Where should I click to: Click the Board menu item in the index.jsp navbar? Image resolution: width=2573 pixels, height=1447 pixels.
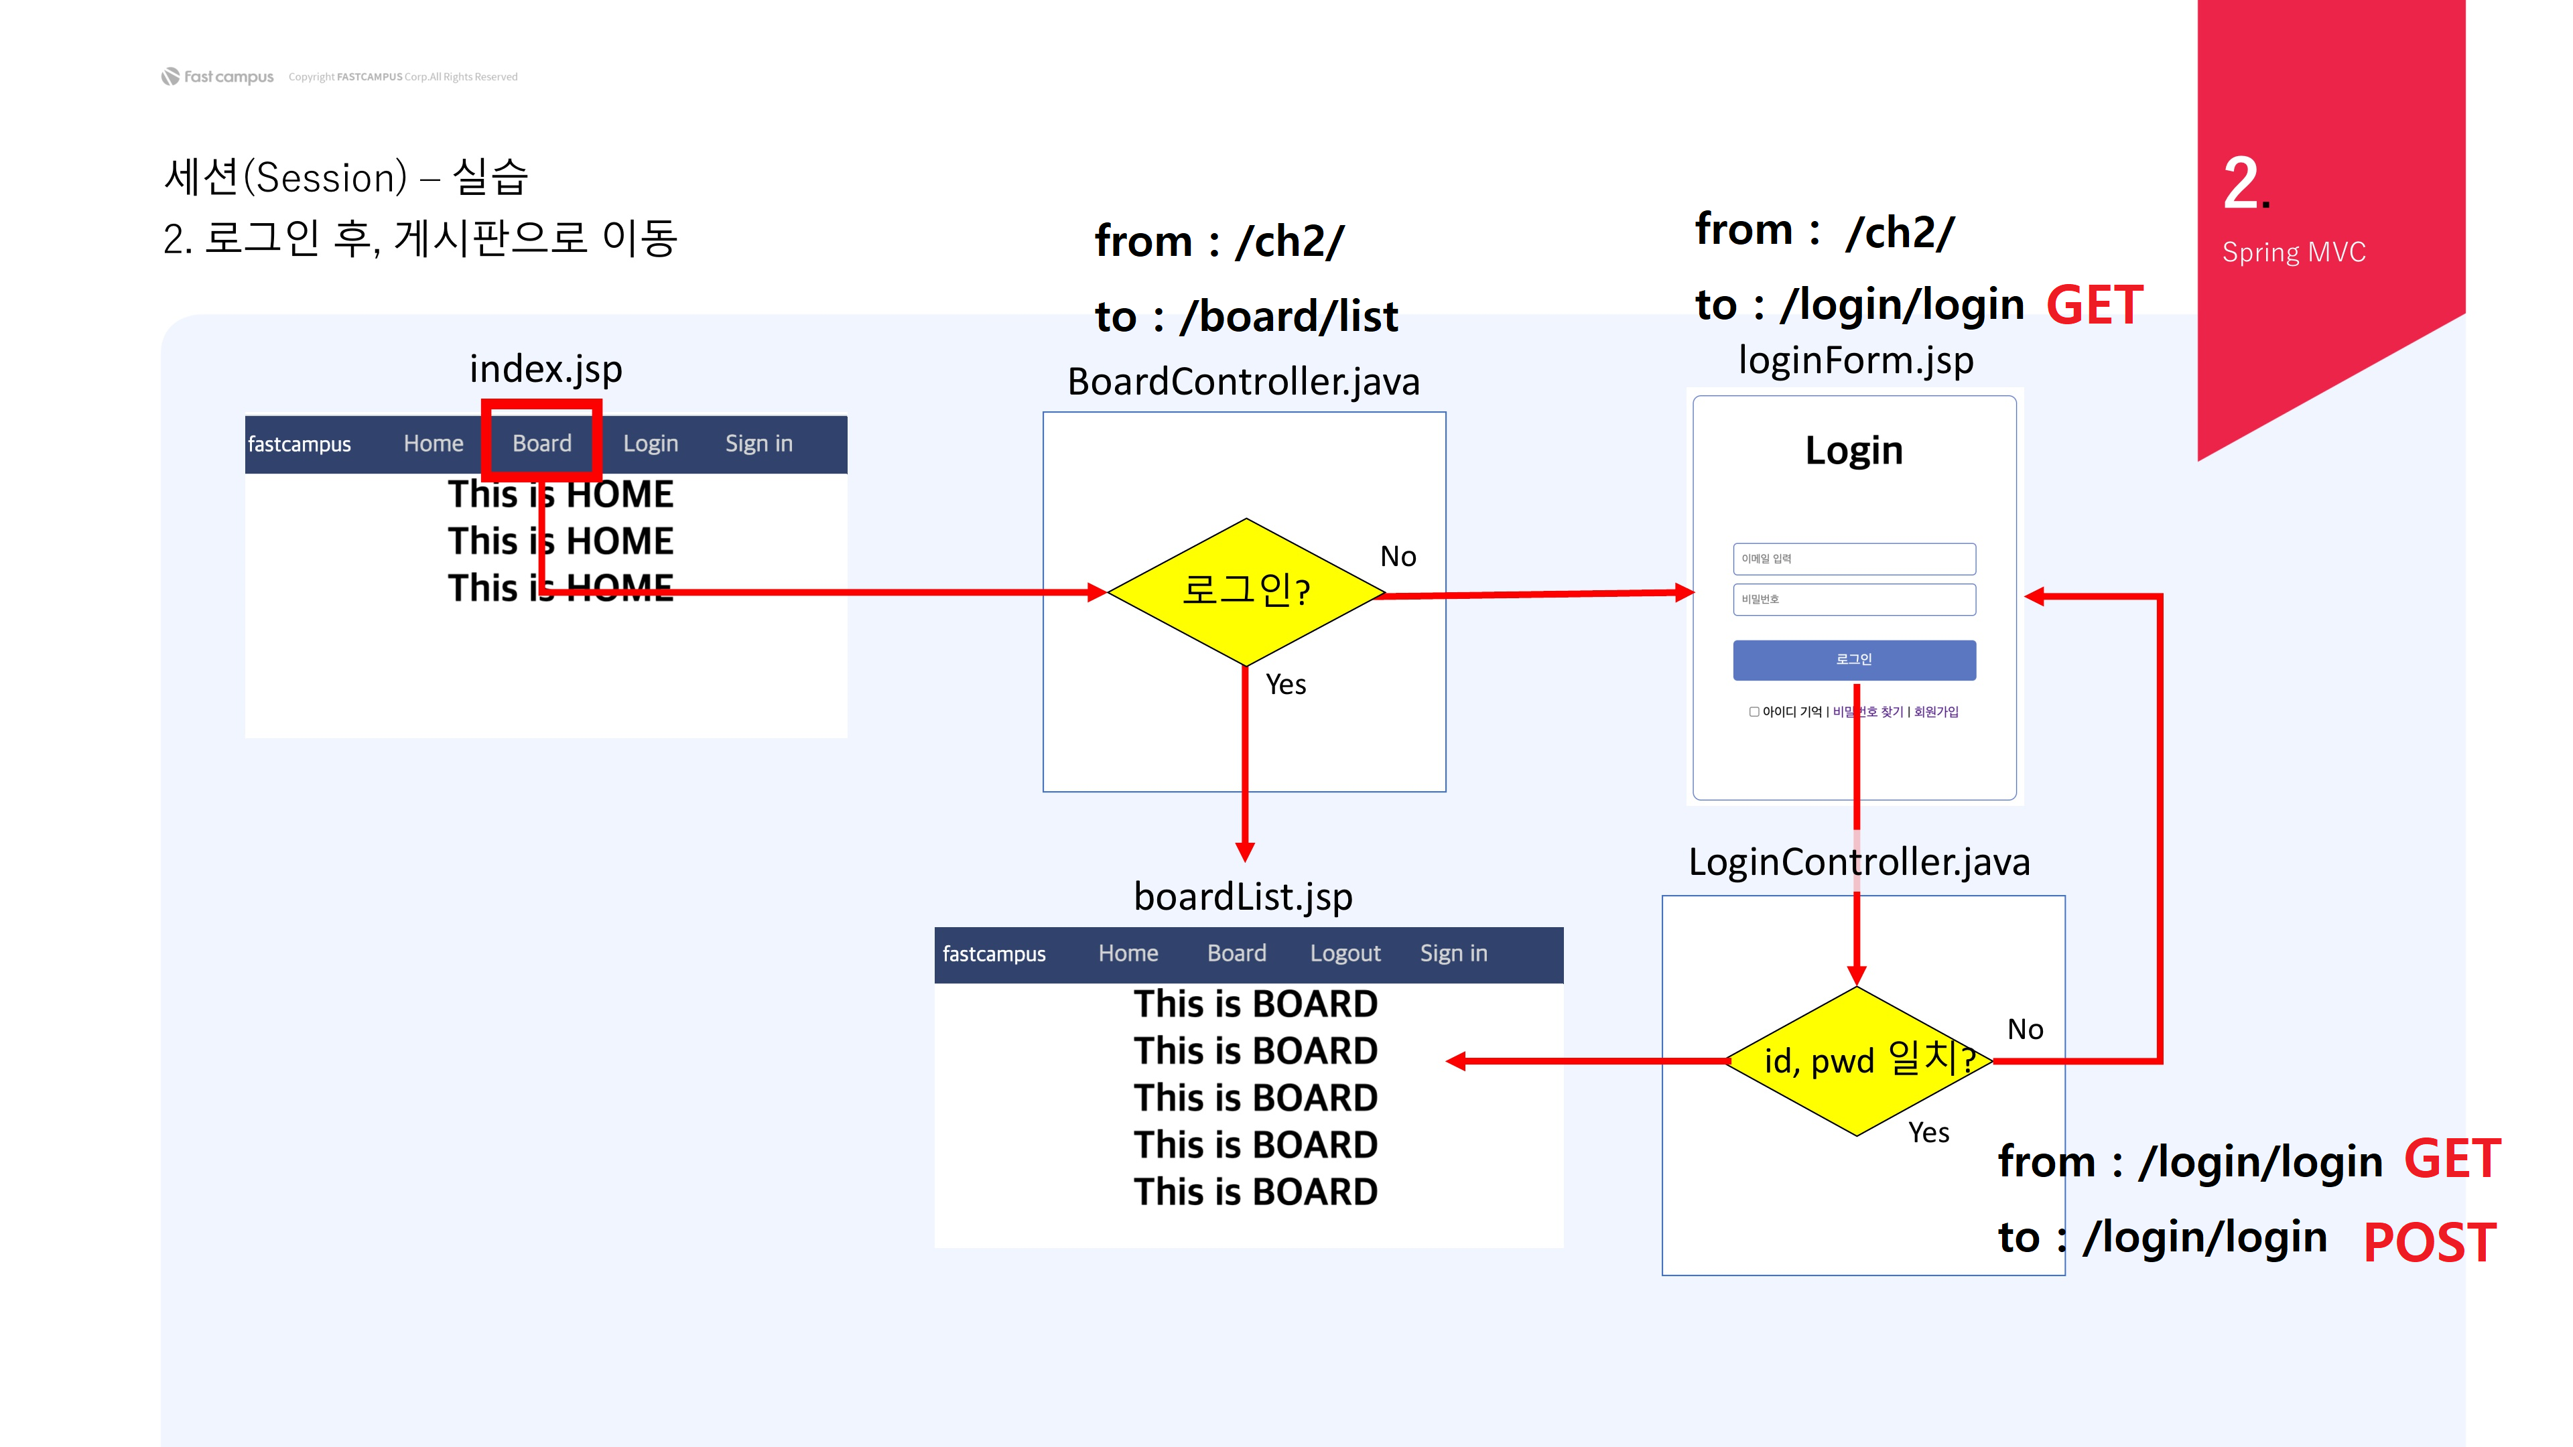point(541,443)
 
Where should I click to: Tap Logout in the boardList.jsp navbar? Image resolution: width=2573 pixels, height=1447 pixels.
point(1344,954)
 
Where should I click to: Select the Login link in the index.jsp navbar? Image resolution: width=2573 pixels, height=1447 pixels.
point(650,443)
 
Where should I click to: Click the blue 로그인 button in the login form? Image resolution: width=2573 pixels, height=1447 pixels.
point(1854,660)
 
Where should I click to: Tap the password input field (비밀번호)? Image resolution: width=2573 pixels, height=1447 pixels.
point(1854,599)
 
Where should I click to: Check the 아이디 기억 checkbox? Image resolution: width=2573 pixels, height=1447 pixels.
point(1754,712)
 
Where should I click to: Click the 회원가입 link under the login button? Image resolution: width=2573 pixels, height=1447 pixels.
point(1936,712)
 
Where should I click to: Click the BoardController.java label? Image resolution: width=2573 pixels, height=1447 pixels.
point(1244,381)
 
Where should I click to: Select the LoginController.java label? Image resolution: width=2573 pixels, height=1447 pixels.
point(1859,862)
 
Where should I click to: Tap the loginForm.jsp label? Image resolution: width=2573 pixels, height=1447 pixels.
point(1856,360)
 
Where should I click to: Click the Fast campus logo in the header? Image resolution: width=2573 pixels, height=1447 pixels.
point(218,77)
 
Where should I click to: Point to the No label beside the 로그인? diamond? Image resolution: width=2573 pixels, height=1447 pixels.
point(1397,556)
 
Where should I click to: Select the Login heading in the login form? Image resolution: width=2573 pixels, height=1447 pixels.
point(1854,450)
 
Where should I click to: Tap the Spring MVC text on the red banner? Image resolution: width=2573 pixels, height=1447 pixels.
point(2294,253)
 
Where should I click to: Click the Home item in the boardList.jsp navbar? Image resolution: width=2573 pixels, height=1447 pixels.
point(1128,954)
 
